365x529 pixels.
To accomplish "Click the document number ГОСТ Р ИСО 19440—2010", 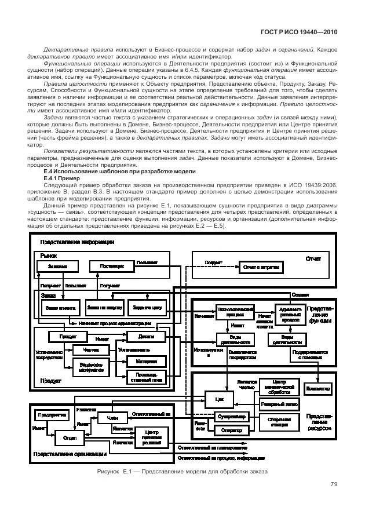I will pyautogui.click(x=301, y=33).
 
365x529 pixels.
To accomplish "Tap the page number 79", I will pyautogui.click(x=334, y=484).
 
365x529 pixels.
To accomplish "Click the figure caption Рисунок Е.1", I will pyautogui.click(x=183, y=471).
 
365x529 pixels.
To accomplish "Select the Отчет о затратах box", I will pyautogui.click(x=262, y=268).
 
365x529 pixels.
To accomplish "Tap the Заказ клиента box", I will pyautogui.click(x=60, y=307).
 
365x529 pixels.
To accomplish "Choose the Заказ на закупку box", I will pyautogui.click(x=102, y=307).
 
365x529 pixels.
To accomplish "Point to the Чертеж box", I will pyautogui.click(x=91, y=349).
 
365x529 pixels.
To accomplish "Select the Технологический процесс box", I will pyautogui.click(x=235, y=313).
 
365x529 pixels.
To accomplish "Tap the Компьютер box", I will pyautogui.click(x=318, y=388).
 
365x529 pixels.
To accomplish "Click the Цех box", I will pyautogui.click(x=219, y=399).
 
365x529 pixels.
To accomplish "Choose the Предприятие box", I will pyautogui.click(x=52, y=415).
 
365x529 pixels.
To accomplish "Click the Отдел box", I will pyautogui.click(x=70, y=438).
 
